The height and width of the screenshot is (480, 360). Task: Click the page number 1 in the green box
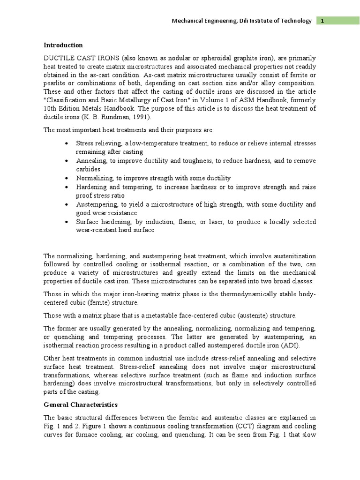point(323,21)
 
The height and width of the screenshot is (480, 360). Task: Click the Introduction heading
point(63,45)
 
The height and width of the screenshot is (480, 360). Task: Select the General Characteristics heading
point(81,405)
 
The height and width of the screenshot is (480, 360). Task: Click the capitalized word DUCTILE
point(57,59)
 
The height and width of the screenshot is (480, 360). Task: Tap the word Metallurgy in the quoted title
point(135,100)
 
